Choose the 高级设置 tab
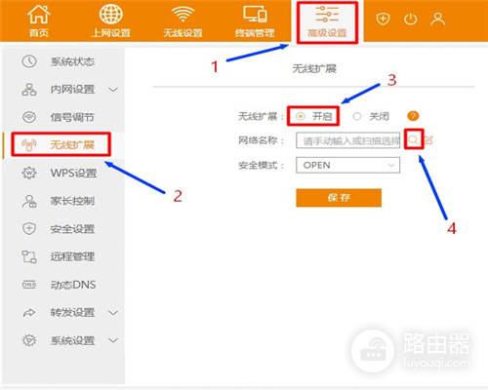click(x=327, y=21)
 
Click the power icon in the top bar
click(x=410, y=19)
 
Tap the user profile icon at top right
click(x=437, y=19)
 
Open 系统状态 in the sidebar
click(x=68, y=61)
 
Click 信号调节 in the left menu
click(x=68, y=117)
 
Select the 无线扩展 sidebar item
click(x=68, y=145)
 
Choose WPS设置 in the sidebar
click(x=68, y=174)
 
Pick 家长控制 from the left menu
click(x=68, y=201)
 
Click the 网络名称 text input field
click(x=349, y=140)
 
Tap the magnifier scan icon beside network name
click(x=414, y=140)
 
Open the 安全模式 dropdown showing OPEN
click(x=346, y=165)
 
